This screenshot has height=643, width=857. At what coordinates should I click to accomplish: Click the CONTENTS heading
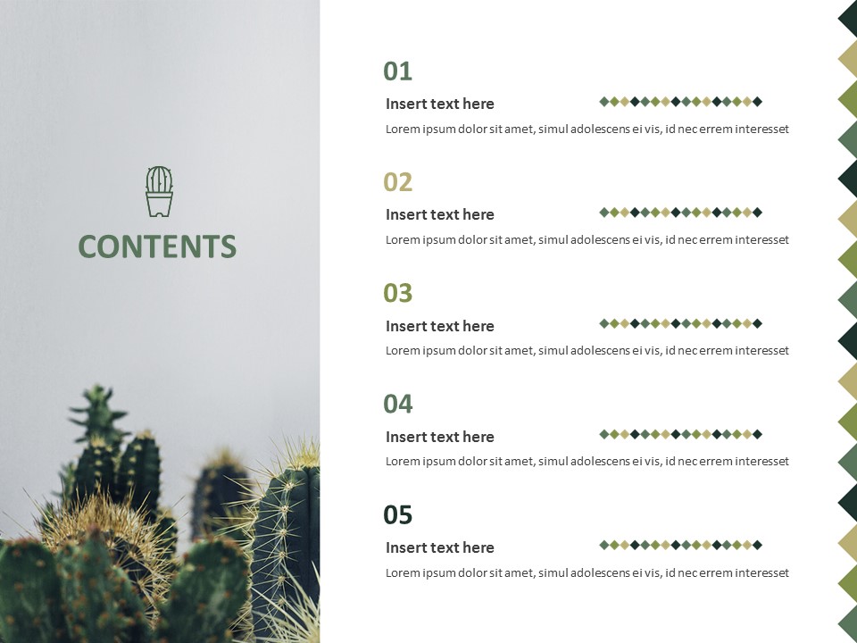(x=157, y=246)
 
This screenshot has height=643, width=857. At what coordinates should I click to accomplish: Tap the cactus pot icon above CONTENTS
(x=159, y=191)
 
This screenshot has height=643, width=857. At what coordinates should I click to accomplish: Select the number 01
(x=397, y=71)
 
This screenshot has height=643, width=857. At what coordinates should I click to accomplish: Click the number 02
(x=397, y=182)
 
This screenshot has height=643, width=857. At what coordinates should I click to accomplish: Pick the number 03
(x=397, y=293)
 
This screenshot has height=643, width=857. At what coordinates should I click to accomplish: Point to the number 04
(x=397, y=404)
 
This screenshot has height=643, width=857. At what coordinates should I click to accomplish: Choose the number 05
(x=397, y=515)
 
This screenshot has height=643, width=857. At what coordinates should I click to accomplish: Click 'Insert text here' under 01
(x=439, y=104)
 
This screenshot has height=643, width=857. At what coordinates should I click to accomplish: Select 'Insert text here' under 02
(x=439, y=214)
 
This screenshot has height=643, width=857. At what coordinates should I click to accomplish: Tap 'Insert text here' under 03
(x=439, y=326)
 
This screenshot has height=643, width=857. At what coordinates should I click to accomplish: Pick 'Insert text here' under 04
(x=439, y=437)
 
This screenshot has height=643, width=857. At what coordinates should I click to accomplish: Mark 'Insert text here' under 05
(x=439, y=547)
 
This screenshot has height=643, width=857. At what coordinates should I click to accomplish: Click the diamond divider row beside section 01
(x=680, y=102)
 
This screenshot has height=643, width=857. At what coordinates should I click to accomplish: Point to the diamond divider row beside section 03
(x=680, y=323)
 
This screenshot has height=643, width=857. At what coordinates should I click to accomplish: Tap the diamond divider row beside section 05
(x=680, y=545)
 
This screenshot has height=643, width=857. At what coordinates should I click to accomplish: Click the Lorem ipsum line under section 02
(x=587, y=239)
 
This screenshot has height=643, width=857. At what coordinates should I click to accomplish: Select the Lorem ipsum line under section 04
(x=587, y=462)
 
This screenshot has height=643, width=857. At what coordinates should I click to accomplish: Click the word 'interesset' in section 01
(x=761, y=129)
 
